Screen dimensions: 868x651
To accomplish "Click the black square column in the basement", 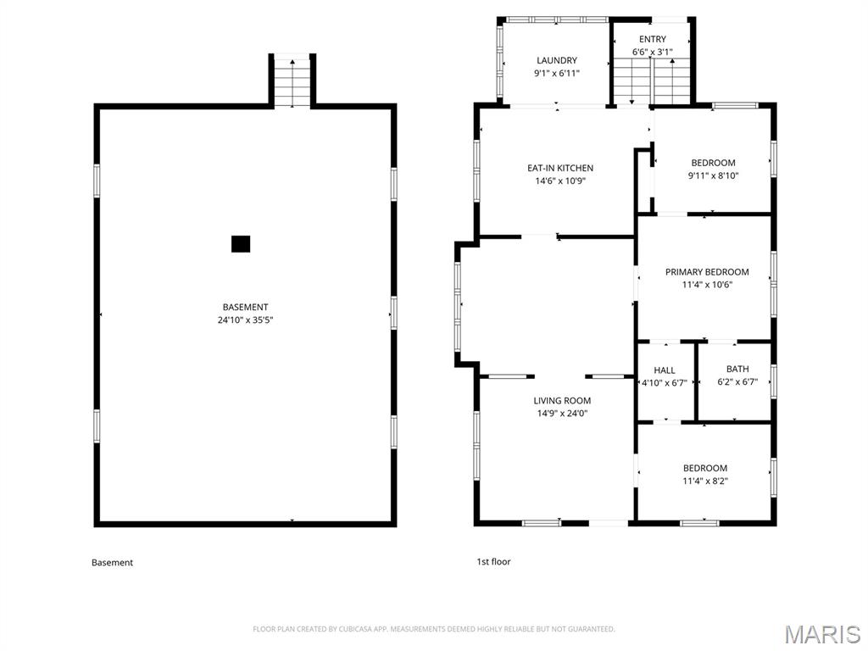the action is pos(240,243).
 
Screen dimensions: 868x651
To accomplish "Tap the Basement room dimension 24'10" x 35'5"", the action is pos(245,320).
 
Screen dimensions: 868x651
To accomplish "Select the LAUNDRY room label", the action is pos(557,60).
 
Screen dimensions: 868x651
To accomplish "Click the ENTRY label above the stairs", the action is pos(653,39).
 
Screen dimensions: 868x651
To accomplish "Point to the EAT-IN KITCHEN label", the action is pos(560,168).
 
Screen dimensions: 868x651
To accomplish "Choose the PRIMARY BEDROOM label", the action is pos(707,272).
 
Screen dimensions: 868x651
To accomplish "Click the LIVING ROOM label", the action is pos(562,400).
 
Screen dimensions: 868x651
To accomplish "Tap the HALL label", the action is pos(665,370).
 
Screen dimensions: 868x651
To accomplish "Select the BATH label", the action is pos(737,369).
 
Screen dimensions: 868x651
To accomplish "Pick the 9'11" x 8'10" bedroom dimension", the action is pos(713,176).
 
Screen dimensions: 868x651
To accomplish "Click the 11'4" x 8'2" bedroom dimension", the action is pos(704,481).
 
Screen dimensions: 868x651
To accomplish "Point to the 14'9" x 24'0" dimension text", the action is pos(562,414).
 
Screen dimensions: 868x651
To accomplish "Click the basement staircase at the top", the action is pos(292,82).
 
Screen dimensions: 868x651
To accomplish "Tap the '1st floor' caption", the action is pos(494,561).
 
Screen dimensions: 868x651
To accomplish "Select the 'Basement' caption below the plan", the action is pos(113,563).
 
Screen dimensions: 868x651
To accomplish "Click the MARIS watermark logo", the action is pos(821,634).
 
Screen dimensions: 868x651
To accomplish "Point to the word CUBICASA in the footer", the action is pos(354,629).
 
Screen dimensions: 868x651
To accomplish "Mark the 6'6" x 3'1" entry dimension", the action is pos(653,52).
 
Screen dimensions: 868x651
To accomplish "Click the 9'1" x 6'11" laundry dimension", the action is pos(557,73).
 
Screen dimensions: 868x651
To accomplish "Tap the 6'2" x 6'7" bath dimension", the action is pos(737,382).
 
